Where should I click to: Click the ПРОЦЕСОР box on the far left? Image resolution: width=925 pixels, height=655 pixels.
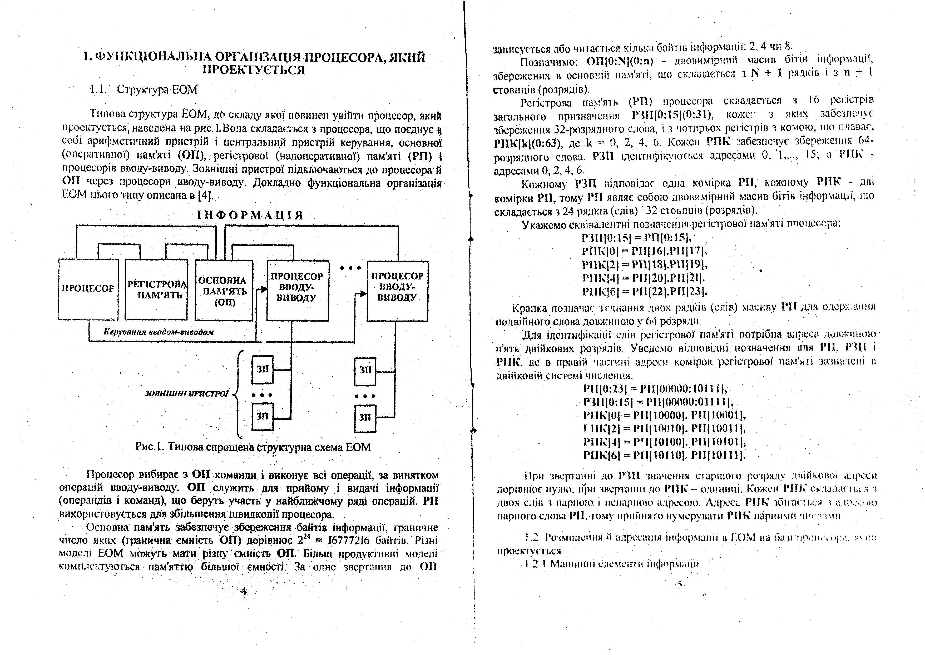click(x=88, y=289)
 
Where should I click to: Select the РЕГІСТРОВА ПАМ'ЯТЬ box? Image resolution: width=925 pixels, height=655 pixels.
click(x=157, y=289)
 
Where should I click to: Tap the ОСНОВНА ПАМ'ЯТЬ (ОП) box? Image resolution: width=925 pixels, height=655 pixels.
click(x=224, y=290)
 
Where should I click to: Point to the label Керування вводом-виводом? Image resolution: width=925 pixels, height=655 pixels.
click(x=159, y=332)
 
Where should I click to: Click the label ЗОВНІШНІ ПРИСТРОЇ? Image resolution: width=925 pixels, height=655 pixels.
click(x=186, y=393)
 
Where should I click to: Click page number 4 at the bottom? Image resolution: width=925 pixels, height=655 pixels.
click(x=243, y=592)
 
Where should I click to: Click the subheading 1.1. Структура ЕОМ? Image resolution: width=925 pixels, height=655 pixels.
click(x=144, y=89)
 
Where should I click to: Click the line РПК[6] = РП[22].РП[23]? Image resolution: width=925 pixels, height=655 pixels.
click(x=645, y=291)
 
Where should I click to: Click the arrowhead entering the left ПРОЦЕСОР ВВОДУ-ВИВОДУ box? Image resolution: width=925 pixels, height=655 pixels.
click(x=264, y=289)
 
